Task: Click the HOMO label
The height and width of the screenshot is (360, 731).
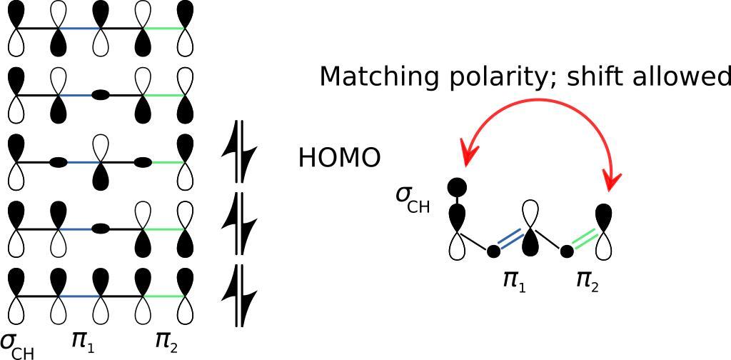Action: [x=339, y=158]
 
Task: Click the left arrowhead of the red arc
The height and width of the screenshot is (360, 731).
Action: [x=469, y=151]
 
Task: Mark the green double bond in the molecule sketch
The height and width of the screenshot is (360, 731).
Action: [x=583, y=239]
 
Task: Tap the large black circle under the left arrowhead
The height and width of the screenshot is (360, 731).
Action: [x=456, y=188]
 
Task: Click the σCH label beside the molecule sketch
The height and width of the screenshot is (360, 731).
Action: [x=413, y=199]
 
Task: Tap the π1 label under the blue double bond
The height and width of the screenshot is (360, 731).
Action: [x=514, y=279]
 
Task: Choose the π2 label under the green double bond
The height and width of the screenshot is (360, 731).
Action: [x=587, y=279]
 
